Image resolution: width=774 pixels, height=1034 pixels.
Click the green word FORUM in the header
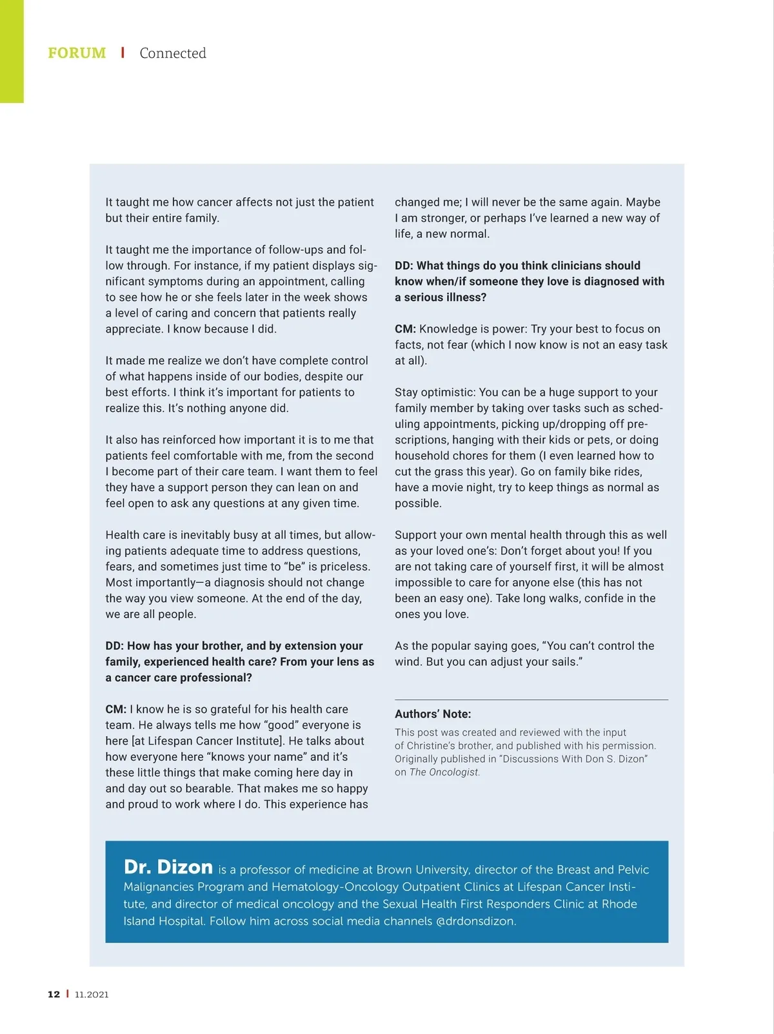pyautogui.click(x=77, y=53)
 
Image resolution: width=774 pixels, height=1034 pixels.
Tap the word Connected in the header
pyautogui.click(x=173, y=53)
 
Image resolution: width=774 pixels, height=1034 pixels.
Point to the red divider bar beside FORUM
pyautogui.click(x=123, y=52)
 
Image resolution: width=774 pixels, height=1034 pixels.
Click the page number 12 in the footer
pyautogui.click(x=54, y=994)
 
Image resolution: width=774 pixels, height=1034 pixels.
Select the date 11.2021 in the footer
pyautogui.click(x=92, y=994)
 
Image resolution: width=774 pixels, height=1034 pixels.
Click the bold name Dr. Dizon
pyautogui.click(x=168, y=867)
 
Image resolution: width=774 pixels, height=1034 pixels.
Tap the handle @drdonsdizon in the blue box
pyautogui.click(x=476, y=921)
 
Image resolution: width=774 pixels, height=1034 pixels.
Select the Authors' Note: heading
pyautogui.click(x=433, y=714)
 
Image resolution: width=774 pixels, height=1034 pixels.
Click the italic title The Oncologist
pyautogui.click(x=444, y=772)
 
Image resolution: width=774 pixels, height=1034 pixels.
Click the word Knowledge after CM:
pyautogui.click(x=449, y=329)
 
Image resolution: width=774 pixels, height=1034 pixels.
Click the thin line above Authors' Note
pyautogui.click(x=531, y=699)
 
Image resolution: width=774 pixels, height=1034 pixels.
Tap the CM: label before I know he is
pyautogui.click(x=116, y=709)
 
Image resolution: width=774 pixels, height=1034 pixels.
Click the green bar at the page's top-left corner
pyautogui.click(x=12, y=52)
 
